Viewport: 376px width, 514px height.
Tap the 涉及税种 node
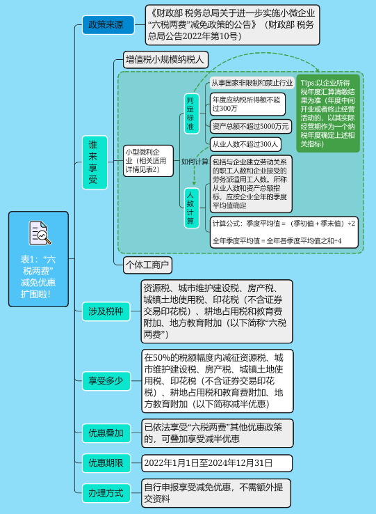[105, 311]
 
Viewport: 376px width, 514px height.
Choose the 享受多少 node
[105, 380]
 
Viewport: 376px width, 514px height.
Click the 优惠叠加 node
[105, 433]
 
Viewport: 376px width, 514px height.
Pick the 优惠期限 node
[105, 462]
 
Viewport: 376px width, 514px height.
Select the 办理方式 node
[105, 493]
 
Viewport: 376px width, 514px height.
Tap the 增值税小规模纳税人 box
[165, 60]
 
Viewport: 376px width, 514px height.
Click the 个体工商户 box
[147, 265]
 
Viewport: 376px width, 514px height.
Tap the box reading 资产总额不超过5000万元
[250, 126]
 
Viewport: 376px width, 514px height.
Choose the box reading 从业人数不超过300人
[245, 144]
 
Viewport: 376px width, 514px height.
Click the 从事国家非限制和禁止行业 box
[252, 83]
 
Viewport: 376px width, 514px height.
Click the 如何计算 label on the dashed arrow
[195, 161]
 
